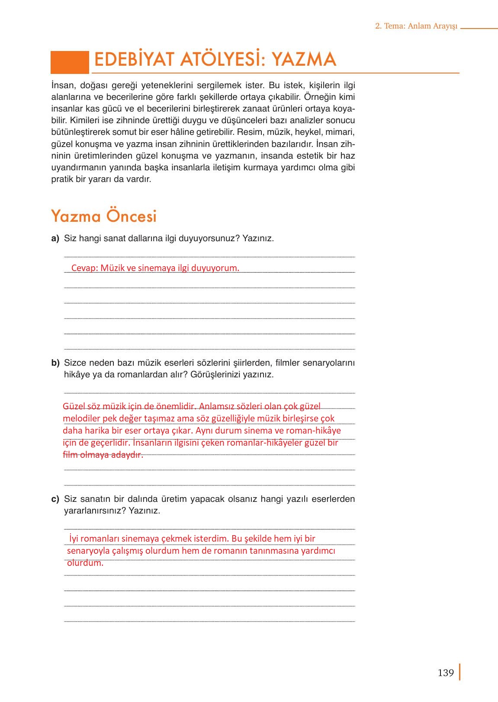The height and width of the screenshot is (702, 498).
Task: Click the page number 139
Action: pyautogui.click(x=445, y=673)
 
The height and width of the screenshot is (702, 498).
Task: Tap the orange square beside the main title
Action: pyautogui.click(x=69, y=62)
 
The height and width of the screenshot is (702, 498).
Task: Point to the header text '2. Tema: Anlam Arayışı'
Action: pyautogui.click(x=416, y=26)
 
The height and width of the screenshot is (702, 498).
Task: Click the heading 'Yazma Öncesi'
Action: pyautogui.click(x=104, y=216)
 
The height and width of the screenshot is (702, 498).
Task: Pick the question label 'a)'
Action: pyautogui.click(x=55, y=238)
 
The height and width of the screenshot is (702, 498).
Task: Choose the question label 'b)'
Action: pyautogui.click(x=55, y=363)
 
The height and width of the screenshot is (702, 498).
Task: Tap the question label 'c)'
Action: pyautogui.click(x=55, y=499)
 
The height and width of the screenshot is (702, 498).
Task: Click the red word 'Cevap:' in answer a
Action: pyautogui.click(x=85, y=268)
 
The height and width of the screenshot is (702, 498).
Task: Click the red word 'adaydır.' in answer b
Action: pyautogui.click(x=128, y=455)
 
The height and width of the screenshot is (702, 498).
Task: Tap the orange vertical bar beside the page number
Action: pyautogui.click(x=459, y=672)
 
